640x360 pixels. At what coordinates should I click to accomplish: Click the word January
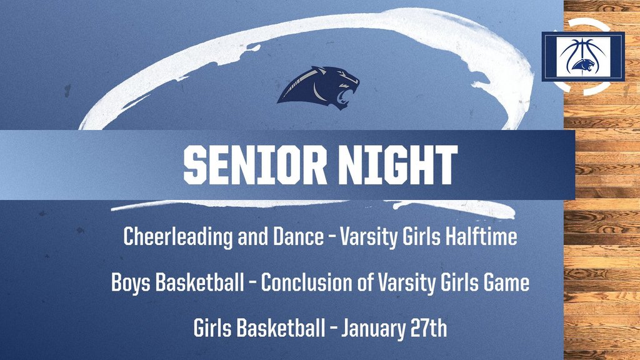click(379, 328)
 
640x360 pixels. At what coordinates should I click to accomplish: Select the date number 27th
click(431, 328)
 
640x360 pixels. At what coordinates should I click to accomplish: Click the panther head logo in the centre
click(319, 87)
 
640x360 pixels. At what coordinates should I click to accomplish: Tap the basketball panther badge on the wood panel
click(583, 57)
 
